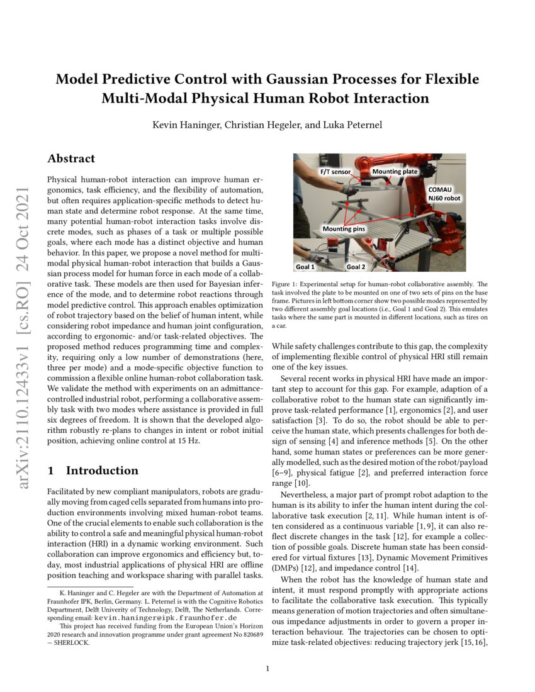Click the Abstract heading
click(x=72, y=159)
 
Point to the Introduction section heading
click(x=101, y=471)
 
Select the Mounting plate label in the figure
click(x=394, y=171)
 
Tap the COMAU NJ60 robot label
click(x=444, y=193)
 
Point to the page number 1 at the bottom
click(x=267, y=668)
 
